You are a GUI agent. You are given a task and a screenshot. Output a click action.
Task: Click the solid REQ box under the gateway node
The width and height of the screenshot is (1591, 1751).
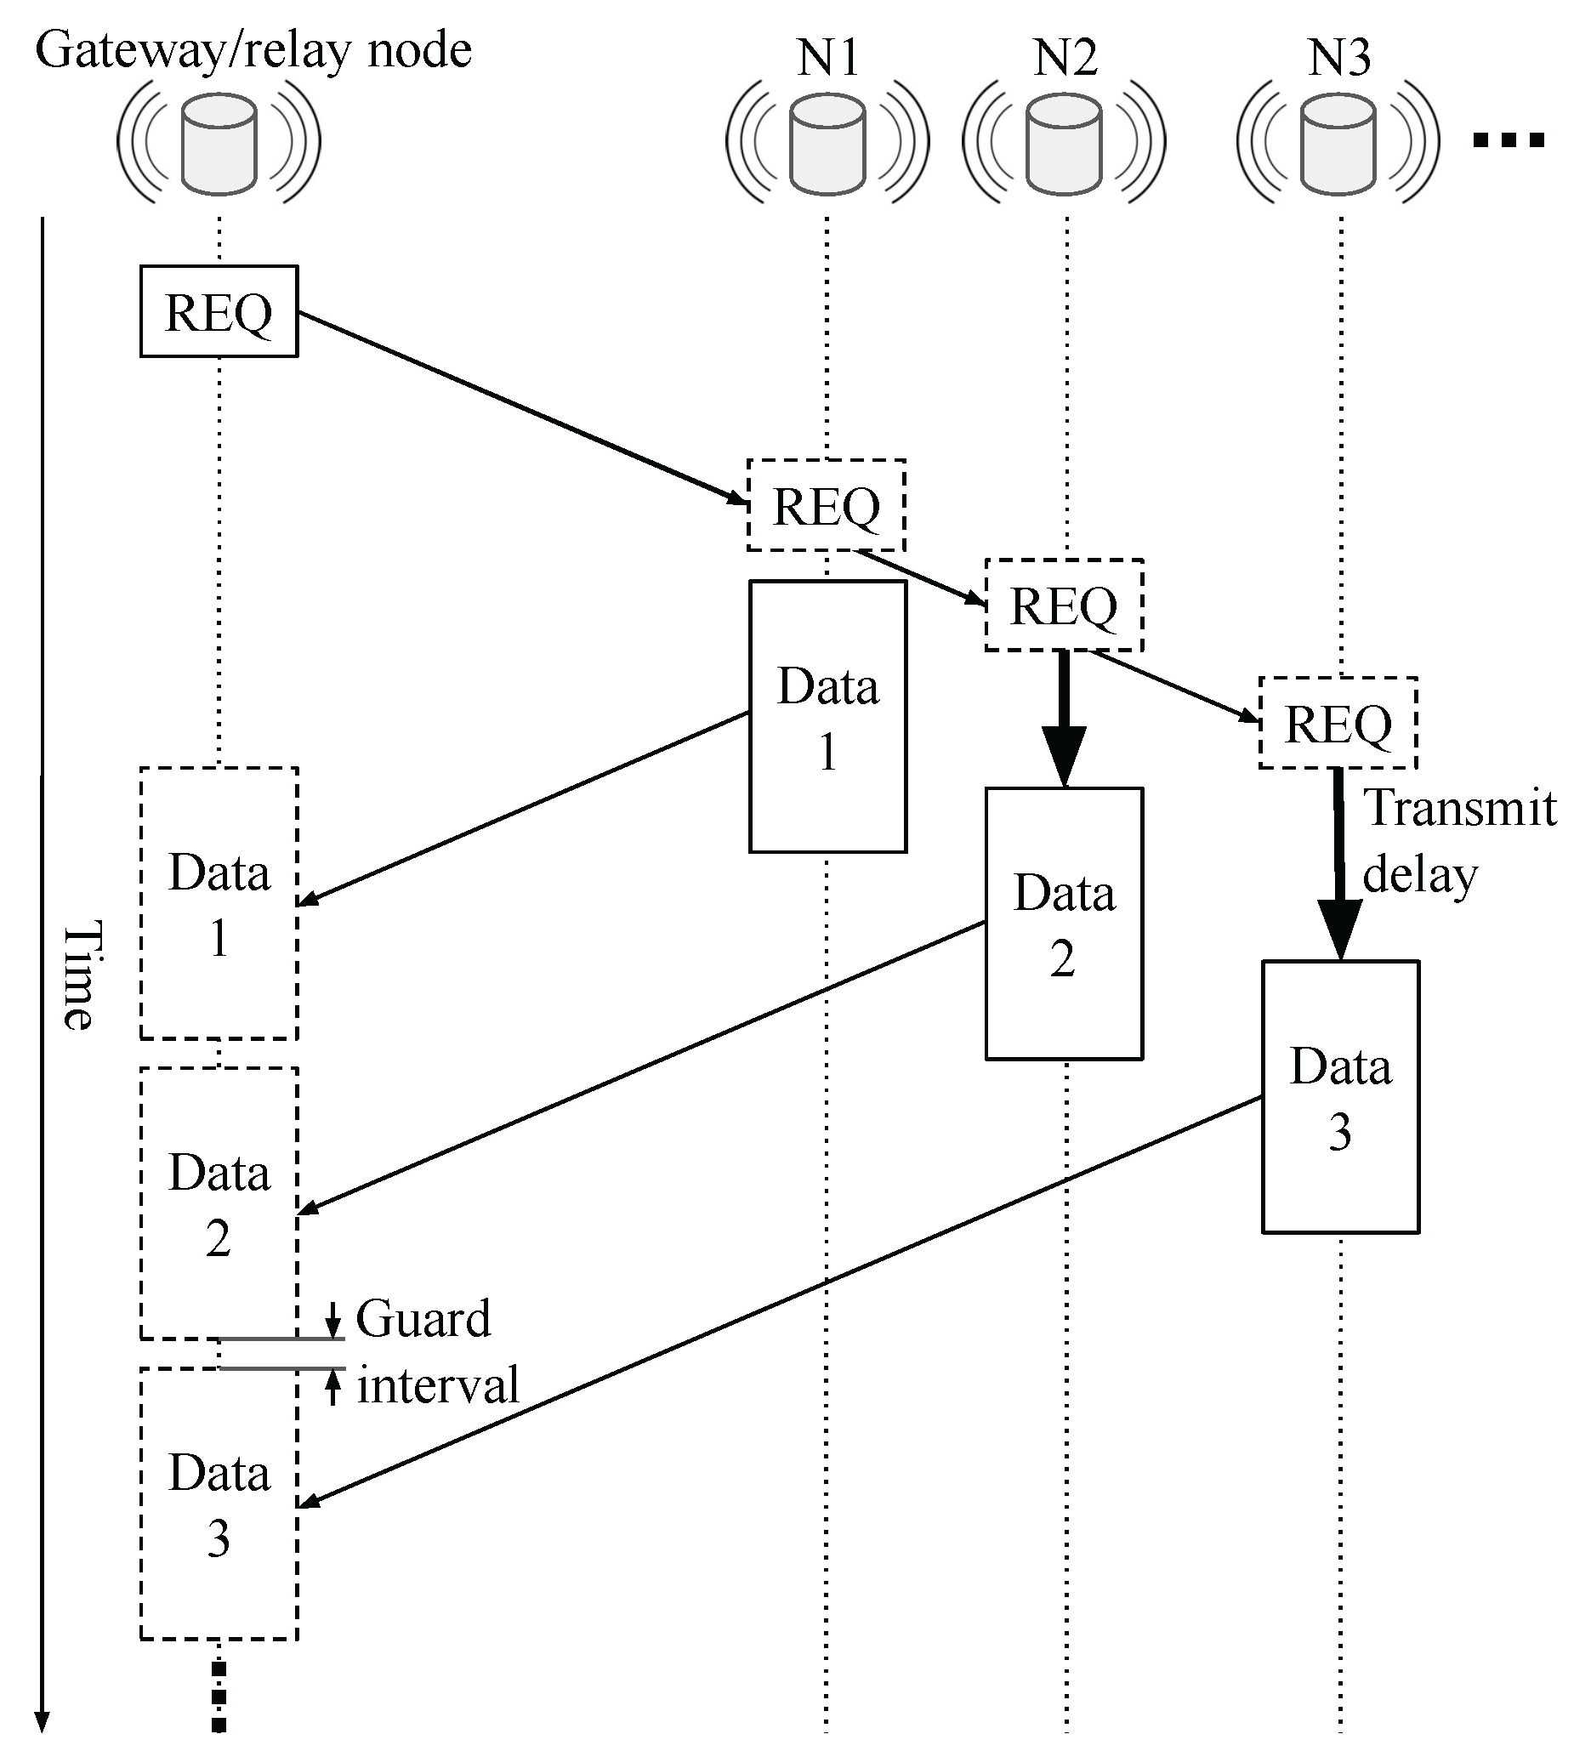tap(219, 311)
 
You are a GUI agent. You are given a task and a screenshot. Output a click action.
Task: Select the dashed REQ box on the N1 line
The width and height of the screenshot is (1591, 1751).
tap(826, 505)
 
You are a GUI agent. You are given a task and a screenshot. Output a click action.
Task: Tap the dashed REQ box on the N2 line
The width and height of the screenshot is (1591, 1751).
tap(1063, 605)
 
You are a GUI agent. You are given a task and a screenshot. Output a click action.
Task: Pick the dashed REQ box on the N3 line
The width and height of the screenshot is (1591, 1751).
tap(1338, 723)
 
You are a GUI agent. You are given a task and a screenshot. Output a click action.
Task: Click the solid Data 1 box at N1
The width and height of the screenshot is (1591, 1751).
tap(827, 717)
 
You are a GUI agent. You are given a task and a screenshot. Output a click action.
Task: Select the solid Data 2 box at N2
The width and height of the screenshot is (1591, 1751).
tap(1063, 924)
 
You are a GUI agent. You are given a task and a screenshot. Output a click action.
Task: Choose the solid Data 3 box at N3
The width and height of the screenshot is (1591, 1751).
tap(1339, 1096)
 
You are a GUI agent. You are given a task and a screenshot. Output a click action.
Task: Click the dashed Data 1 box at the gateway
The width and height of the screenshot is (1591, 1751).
tap(219, 903)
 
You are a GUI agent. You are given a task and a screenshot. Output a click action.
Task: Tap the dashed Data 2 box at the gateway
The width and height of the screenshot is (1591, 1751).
tap(219, 1203)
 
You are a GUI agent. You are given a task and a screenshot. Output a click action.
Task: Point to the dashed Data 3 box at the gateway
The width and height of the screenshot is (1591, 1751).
tap(219, 1504)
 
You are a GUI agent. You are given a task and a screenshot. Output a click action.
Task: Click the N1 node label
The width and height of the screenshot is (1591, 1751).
tap(827, 57)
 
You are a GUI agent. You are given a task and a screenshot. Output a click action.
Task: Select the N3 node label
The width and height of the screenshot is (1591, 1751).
tap(1339, 57)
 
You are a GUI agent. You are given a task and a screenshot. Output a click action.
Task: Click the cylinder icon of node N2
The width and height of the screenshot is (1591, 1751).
tap(1063, 144)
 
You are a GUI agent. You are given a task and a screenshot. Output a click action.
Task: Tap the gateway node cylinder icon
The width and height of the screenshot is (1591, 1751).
tap(219, 144)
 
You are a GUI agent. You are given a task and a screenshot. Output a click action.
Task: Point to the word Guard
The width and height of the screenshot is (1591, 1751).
tap(423, 1318)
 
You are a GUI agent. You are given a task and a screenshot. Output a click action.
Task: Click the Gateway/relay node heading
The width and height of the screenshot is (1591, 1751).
tap(253, 49)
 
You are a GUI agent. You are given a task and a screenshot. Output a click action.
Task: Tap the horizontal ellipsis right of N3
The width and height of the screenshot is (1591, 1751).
tap(1509, 139)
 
